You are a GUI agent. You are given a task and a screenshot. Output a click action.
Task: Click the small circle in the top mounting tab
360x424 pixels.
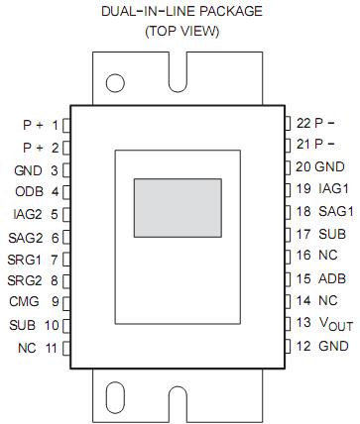click(116, 83)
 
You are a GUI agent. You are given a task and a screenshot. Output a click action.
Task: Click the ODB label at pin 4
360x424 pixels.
click(28, 192)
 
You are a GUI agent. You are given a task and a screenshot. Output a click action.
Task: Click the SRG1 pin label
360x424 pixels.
click(26, 259)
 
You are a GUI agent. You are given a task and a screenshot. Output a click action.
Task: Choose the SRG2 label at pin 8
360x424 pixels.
click(26, 280)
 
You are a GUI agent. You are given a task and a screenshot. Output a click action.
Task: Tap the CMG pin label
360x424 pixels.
click(24, 302)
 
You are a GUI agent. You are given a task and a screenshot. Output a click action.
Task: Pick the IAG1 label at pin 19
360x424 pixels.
click(334, 188)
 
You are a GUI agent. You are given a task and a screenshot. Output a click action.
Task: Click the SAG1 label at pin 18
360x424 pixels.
click(334, 211)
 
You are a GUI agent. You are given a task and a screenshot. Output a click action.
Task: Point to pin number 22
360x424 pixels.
click(303, 124)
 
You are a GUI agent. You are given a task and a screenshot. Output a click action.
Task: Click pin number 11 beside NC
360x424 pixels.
click(52, 348)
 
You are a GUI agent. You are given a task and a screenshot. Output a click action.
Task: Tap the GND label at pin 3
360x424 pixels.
click(28, 170)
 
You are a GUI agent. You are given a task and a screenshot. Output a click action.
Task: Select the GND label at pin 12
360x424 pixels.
click(332, 346)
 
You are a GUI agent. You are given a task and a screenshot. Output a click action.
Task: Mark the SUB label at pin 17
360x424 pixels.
click(332, 234)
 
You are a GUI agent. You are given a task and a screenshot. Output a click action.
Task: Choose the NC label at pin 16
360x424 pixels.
click(329, 256)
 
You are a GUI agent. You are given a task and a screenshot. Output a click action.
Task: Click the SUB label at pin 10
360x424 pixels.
click(22, 325)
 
